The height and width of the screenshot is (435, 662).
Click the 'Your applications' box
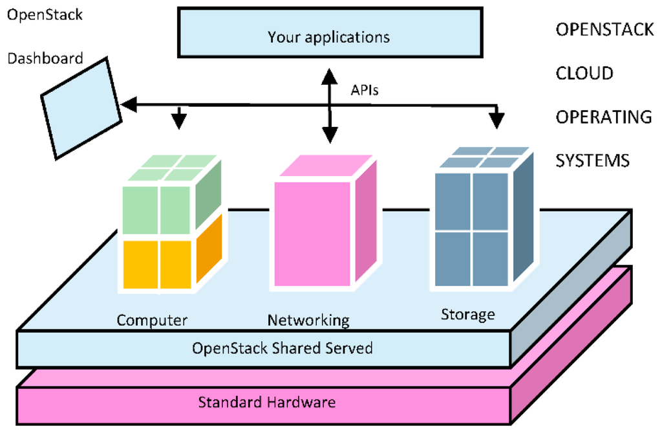click(329, 32)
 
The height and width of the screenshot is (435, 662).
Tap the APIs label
click(365, 91)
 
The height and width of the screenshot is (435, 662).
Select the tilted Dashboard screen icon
click(81, 107)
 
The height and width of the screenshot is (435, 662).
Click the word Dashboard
click(45, 59)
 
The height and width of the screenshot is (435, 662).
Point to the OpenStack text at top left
click(45, 14)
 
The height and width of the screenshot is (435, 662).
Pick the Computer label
click(152, 320)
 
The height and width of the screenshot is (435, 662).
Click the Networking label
click(308, 320)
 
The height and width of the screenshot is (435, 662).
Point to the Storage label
click(467, 315)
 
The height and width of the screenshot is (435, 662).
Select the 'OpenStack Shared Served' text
click(283, 348)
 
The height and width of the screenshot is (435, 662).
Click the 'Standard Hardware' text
click(267, 402)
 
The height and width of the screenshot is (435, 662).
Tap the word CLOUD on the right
click(584, 73)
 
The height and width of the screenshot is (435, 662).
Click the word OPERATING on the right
click(604, 117)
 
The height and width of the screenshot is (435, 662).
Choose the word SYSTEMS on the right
click(593, 160)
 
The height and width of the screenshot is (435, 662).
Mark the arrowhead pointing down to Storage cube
click(497, 121)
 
